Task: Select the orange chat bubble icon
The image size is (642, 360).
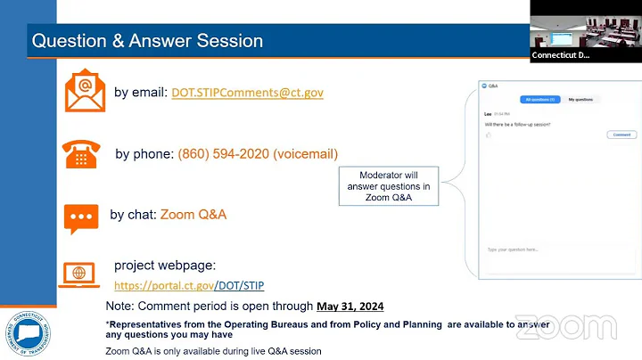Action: (x=81, y=217)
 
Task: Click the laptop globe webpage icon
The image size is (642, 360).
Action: (x=79, y=274)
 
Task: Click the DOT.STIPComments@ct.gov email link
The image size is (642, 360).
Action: (x=248, y=92)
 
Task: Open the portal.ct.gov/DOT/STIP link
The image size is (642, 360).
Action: (x=189, y=285)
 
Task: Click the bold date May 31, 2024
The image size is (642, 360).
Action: (x=350, y=307)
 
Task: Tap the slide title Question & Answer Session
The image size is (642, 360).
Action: (x=147, y=41)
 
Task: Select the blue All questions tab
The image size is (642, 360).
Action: (x=540, y=99)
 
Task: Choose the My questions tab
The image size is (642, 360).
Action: (x=580, y=99)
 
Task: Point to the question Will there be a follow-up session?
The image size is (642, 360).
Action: (x=517, y=124)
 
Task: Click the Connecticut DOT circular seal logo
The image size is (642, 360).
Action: (x=27, y=333)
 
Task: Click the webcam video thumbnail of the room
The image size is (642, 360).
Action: (x=586, y=30)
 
